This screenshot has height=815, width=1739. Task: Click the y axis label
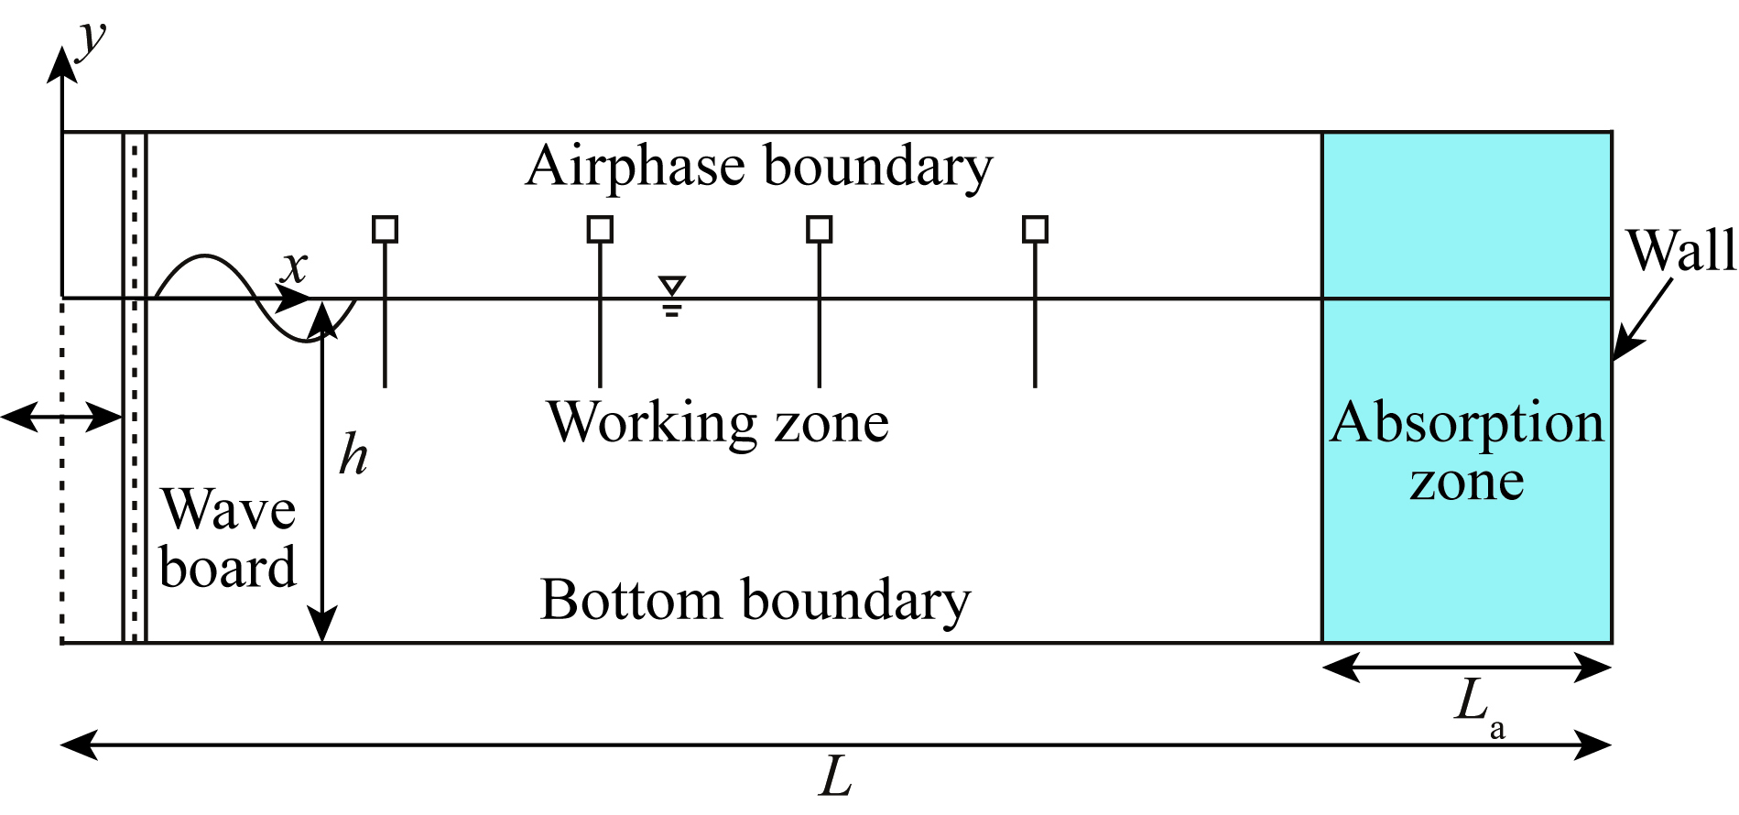[92, 41]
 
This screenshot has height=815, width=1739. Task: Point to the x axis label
[294, 267]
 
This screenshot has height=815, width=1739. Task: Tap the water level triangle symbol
[672, 286]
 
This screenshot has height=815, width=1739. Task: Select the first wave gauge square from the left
[386, 229]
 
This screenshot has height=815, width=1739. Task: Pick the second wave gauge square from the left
[600, 229]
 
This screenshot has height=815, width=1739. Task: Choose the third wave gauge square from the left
[820, 229]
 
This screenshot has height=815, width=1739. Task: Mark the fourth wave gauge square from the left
[1035, 229]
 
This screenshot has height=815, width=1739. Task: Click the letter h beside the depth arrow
[353, 455]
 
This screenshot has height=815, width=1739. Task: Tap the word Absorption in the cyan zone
[1467, 424]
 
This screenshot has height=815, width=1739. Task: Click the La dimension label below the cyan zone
[1477, 707]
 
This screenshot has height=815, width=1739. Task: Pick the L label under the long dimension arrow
[835, 778]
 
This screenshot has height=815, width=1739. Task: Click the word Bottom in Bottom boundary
[631, 601]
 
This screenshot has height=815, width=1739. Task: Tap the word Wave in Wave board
[229, 510]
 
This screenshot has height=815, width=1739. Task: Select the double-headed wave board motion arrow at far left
[61, 418]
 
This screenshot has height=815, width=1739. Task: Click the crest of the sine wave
[205, 256]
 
